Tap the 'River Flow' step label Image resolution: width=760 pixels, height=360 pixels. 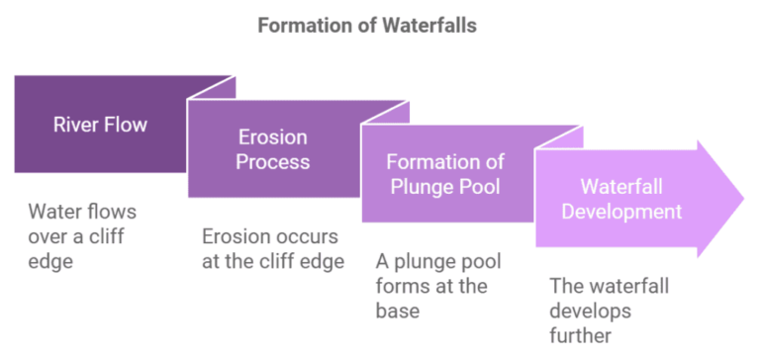pyautogui.click(x=100, y=125)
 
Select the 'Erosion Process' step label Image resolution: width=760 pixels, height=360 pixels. pyautogui.click(x=271, y=149)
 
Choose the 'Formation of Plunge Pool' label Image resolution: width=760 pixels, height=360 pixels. pyautogui.click(x=444, y=174)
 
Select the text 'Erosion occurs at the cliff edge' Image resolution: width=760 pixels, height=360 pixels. pyautogui.click(x=271, y=249)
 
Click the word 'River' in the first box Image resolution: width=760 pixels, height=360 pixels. pyautogui.click(x=75, y=125)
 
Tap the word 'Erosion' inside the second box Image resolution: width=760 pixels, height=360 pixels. pyautogui.click(x=271, y=137)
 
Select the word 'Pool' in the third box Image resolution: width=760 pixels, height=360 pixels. pyautogui.click(x=483, y=186)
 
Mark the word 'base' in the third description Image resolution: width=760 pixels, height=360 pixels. pyautogui.click(x=396, y=311)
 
